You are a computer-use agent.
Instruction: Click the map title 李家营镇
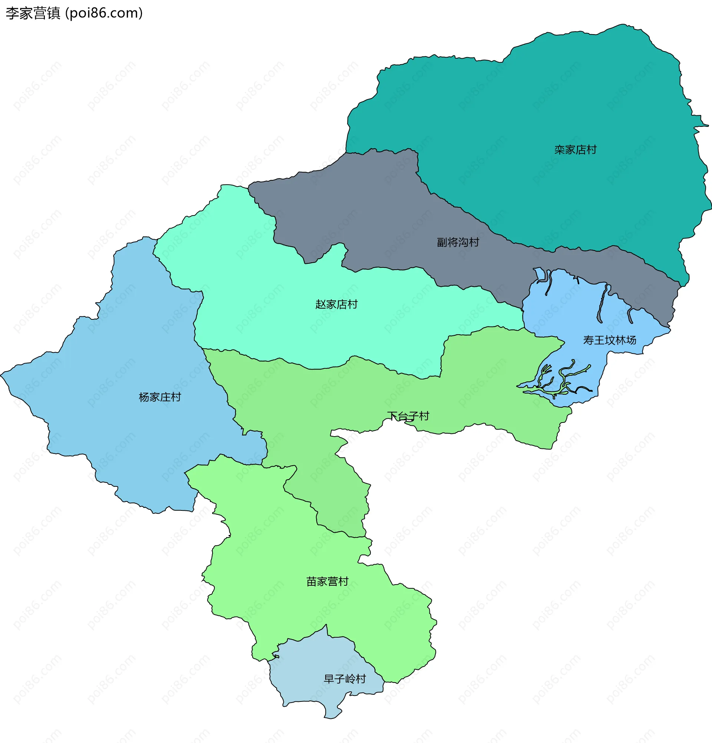(x=33, y=13)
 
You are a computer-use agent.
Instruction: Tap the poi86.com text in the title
(x=104, y=13)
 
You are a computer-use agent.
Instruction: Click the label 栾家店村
(x=575, y=150)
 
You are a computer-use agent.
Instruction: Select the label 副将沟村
(x=458, y=242)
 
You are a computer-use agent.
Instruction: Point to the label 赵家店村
(x=336, y=304)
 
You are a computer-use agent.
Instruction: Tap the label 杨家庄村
(x=160, y=397)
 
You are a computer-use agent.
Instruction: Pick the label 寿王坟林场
(x=609, y=340)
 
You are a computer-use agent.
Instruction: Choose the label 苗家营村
(x=327, y=581)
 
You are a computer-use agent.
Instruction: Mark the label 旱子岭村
(x=345, y=678)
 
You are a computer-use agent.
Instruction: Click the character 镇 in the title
(x=54, y=13)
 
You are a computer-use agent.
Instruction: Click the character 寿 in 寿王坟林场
(x=589, y=340)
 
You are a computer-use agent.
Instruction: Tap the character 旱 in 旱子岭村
(x=329, y=678)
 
